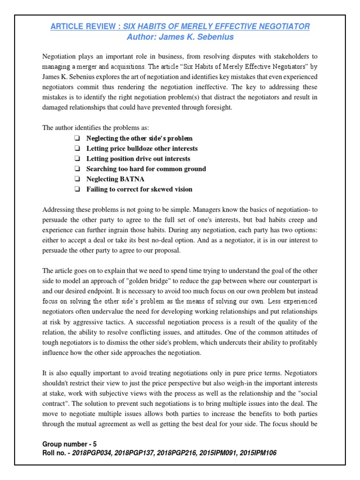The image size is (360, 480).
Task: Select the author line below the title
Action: [x=180, y=37]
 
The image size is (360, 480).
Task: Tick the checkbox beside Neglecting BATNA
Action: [x=76, y=179]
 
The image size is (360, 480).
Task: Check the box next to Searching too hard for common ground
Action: [x=76, y=169]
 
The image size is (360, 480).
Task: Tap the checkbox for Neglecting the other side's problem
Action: [x=76, y=139]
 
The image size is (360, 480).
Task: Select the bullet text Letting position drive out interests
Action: [x=138, y=159]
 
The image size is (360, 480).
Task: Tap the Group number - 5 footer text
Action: [x=69, y=443]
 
